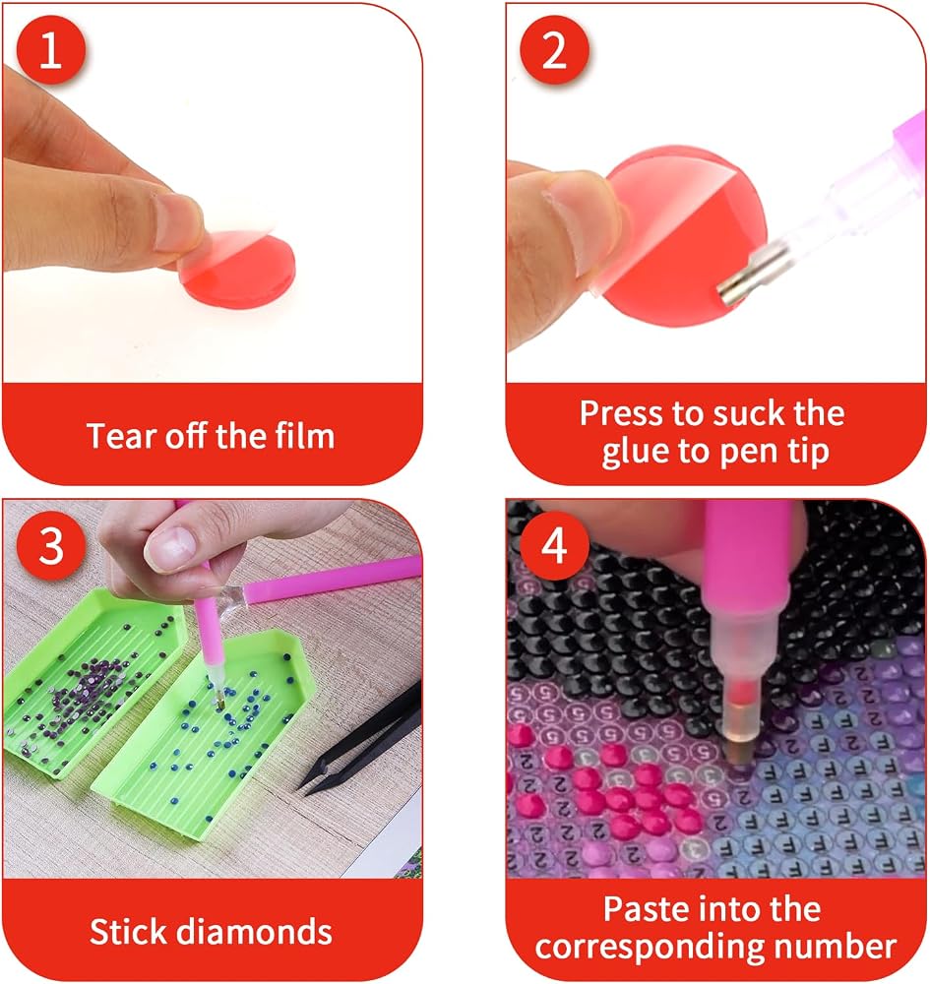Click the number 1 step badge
[51, 50]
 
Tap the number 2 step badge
[554, 50]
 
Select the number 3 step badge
[51, 546]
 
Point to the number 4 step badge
[554, 546]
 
